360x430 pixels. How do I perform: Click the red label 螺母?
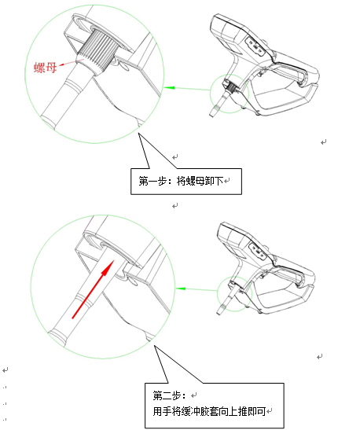point(46,67)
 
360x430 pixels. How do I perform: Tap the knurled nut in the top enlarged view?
point(98,51)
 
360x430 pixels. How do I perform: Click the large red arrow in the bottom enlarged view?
point(94,289)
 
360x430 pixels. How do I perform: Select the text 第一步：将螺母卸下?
point(181,182)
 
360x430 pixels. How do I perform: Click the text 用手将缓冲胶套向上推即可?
point(209,411)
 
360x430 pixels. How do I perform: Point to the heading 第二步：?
point(170,395)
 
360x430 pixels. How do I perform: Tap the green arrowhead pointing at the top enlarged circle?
point(169,88)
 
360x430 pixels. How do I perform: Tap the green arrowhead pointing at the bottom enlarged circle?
point(181,289)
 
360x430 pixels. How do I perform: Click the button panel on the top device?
point(255,47)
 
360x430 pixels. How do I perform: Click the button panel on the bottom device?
point(258,252)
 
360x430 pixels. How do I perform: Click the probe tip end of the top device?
point(211,115)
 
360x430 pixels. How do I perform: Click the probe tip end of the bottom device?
point(219,313)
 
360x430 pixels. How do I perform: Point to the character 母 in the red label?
point(51,68)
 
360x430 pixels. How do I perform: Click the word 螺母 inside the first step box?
point(195,182)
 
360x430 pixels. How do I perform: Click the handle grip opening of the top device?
point(280,94)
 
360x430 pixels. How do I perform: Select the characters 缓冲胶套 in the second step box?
point(200,411)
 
